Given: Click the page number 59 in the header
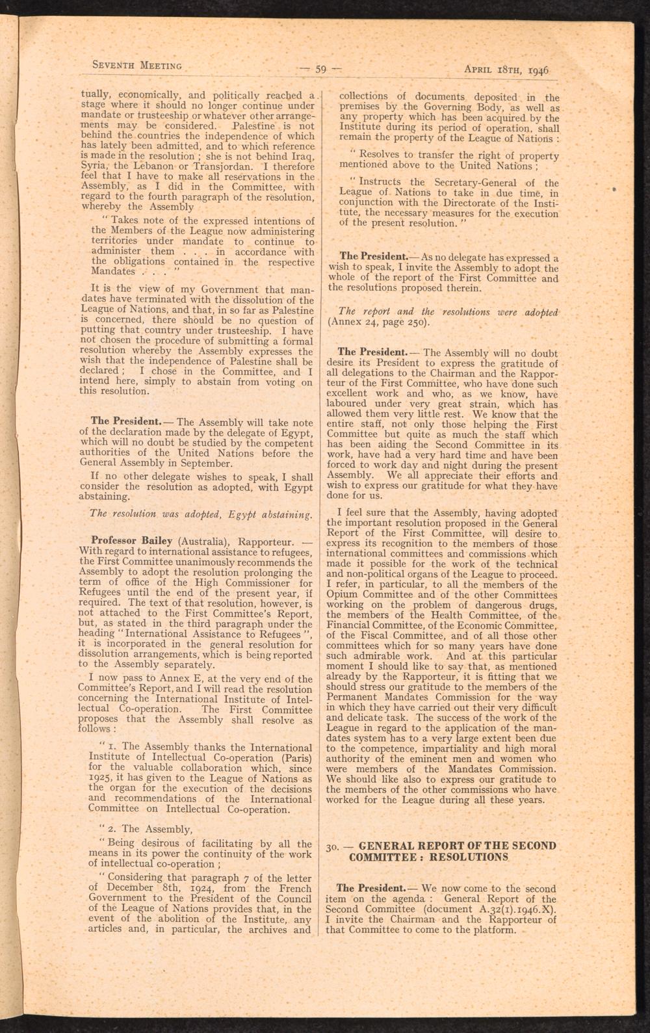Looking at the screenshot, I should (320, 66).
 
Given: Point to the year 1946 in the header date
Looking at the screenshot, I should (538, 68).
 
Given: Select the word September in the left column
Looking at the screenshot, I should (208, 464).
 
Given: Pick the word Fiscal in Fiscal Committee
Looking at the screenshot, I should (369, 636).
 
